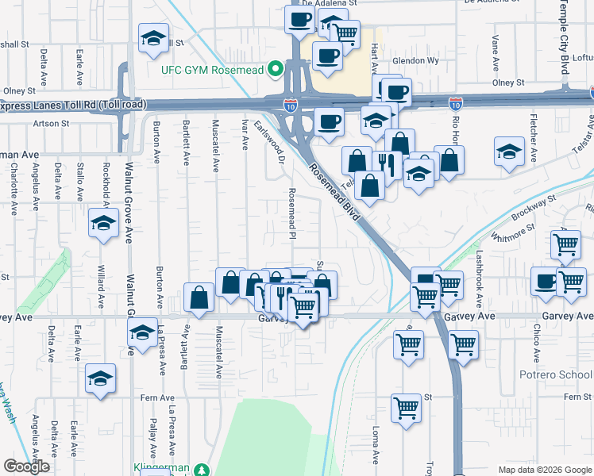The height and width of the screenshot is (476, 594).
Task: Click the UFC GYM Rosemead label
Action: coord(214,69)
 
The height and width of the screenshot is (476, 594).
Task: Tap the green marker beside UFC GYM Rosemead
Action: coord(276,69)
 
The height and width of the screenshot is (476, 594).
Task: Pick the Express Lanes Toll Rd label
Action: coord(71,104)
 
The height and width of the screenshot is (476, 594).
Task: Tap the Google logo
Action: coord(26,466)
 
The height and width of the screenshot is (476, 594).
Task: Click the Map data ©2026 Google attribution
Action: coord(544,470)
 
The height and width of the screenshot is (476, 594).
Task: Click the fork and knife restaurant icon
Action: coord(386,164)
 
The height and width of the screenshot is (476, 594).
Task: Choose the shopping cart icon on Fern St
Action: coord(406,408)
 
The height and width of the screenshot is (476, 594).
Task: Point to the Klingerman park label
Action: coord(162,469)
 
